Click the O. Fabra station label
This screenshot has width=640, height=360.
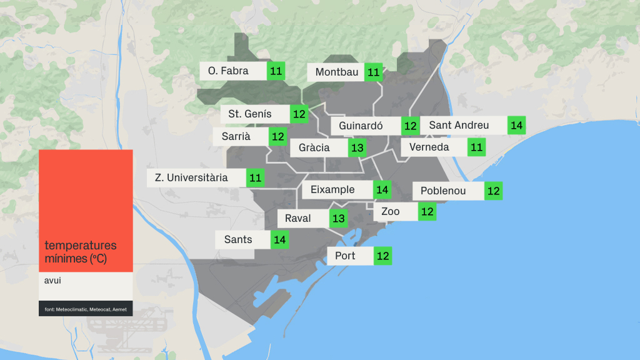click(x=229, y=71)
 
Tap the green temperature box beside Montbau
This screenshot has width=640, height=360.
click(x=374, y=72)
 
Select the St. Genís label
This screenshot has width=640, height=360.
click(x=250, y=114)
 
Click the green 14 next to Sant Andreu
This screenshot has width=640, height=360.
click(x=516, y=125)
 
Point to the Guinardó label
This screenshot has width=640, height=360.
click(x=361, y=126)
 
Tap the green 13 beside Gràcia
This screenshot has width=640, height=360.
click(x=357, y=148)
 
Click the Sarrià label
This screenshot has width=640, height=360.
click(x=236, y=136)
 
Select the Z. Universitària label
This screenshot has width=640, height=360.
click(x=191, y=177)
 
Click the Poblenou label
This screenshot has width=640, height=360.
click(x=443, y=191)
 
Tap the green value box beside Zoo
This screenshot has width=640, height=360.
click(x=427, y=212)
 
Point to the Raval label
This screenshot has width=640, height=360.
click(x=297, y=219)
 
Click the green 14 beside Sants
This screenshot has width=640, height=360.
click(x=279, y=239)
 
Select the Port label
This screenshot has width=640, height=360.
click(x=345, y=256)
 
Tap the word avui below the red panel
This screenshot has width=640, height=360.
click(x=53, y=281)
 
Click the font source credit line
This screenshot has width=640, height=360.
click(x=85, y=309)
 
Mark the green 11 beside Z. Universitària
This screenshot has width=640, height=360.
click(x=256, y=178)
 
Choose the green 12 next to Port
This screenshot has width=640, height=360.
click(x=383, y=256)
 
